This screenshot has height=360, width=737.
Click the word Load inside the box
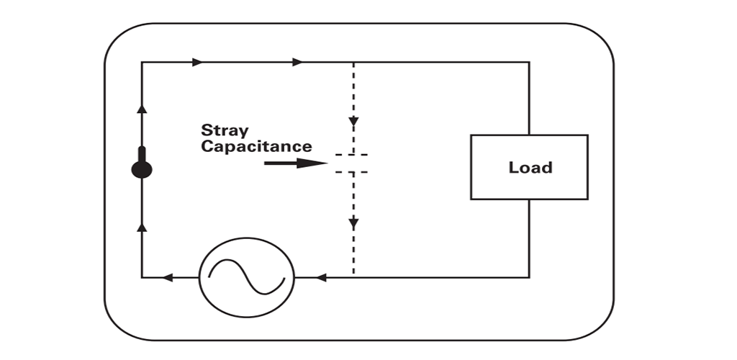click(530, 168)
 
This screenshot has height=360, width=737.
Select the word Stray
click(225, 130)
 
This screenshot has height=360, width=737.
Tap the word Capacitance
click(256, 147)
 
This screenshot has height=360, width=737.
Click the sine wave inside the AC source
click(246, 276)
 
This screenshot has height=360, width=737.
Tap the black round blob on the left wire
click(142, 169)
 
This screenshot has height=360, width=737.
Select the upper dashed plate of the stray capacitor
click(353, 155)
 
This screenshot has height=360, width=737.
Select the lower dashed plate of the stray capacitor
click(353, 172)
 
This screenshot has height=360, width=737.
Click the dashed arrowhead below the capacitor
click(353, 224)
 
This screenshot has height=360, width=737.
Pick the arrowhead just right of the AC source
click(322, 277)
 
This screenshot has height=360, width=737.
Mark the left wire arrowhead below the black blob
click(142, 227)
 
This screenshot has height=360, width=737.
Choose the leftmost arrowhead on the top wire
click(197, 63)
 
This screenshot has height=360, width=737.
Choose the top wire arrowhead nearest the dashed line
click(297, 63)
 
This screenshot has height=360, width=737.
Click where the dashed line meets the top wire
click(353, 63)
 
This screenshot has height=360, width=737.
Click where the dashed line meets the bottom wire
click(353, 277)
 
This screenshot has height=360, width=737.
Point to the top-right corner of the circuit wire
click(530, 63)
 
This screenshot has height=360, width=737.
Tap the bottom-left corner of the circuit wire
click(142, 277)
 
